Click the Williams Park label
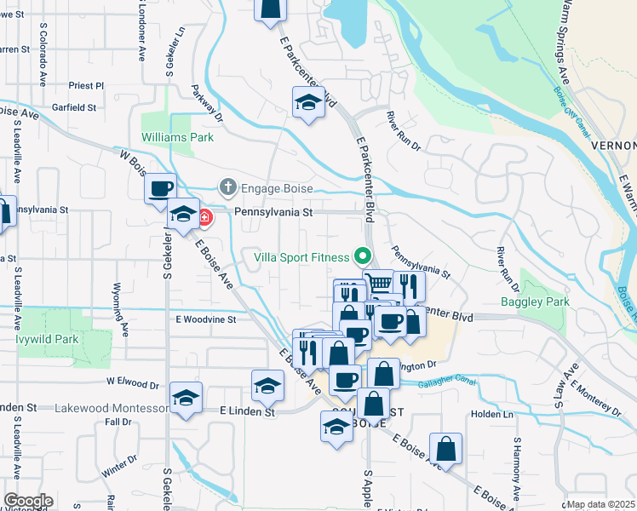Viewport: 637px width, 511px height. [x=177, y=136]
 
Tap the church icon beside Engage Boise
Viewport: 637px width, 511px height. [x=227, y=187]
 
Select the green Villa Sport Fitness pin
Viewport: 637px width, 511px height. [x=364, y=255]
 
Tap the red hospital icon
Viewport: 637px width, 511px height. [x=204, y=218]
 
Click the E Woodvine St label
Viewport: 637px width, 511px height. [x=205, y=319]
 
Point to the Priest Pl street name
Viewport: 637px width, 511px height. [x=87, y=86]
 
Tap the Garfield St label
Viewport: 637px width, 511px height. [x=73, y=108]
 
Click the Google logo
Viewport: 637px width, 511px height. [x=28, y=501]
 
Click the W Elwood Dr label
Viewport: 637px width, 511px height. [x=134, y=381]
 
